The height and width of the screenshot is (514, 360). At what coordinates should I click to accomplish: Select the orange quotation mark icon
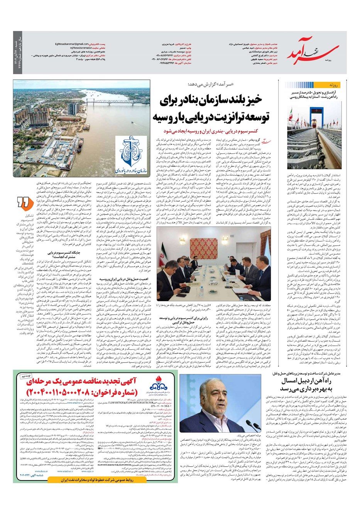[x=24, y=202]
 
